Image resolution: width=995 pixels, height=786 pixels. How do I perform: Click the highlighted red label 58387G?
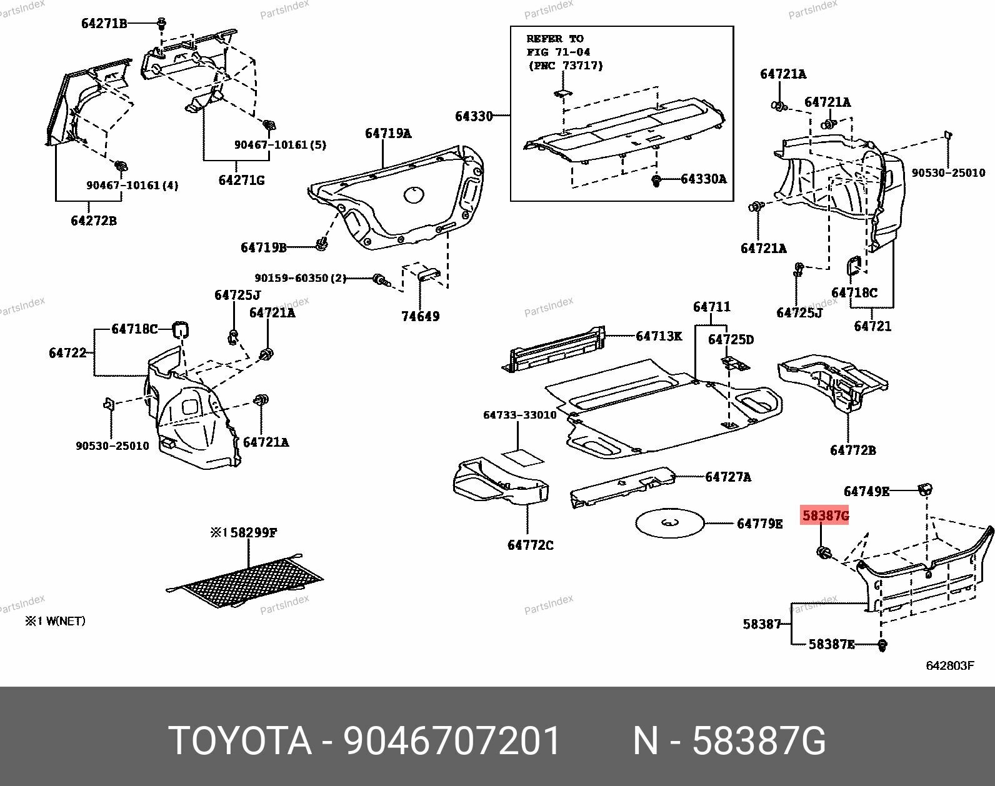tap(825, 515)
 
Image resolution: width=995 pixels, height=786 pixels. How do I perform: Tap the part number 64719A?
tap(388, 133)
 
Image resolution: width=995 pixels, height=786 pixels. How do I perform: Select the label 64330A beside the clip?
tap(703, 179)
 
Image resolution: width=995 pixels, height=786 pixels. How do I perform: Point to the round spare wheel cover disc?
tap(669, 524)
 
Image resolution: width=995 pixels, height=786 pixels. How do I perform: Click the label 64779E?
tap(759, 524)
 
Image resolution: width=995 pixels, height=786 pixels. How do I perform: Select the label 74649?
tap(420, 316)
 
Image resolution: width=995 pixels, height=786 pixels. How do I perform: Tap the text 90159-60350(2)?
tap(300, 278)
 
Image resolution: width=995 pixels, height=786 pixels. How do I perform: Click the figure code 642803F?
tap(949, 665)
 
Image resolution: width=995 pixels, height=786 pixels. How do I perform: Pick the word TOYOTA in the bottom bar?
tap(240, 742)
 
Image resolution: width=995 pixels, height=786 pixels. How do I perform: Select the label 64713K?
tap(659, 336)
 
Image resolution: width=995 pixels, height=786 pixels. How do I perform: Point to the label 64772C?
tap(530, 545)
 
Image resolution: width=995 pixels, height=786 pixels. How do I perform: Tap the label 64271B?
tap(104, 24)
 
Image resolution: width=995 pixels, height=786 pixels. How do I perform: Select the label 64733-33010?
tap(519, 415)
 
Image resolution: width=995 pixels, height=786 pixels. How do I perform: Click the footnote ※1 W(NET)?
tap(55, 621)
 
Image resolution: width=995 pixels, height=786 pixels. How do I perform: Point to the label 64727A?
tap(728, 477)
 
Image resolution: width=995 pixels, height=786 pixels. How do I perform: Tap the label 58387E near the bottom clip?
tap(831, 644)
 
